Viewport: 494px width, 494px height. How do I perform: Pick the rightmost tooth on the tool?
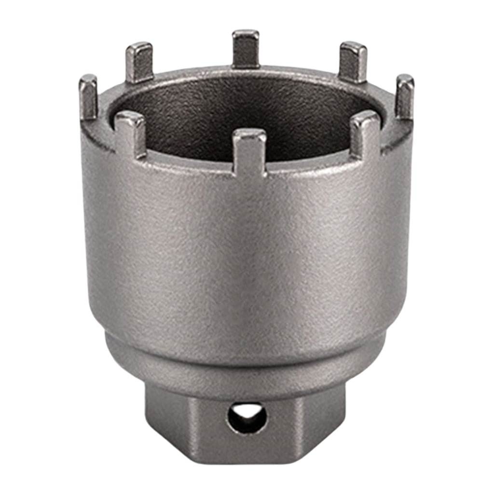tap(404, 97)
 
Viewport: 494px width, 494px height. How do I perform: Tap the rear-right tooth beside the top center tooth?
tap(353, 62)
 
